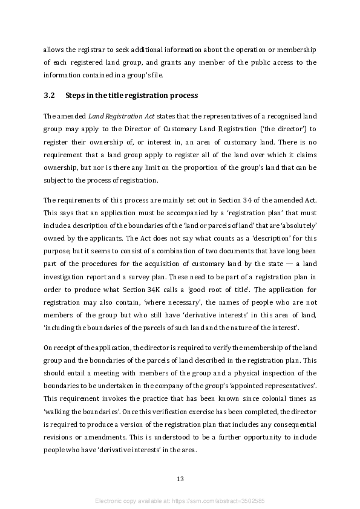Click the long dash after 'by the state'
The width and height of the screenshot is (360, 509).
[x=284, y=265]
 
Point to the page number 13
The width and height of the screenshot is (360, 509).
[x=180, y=479]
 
